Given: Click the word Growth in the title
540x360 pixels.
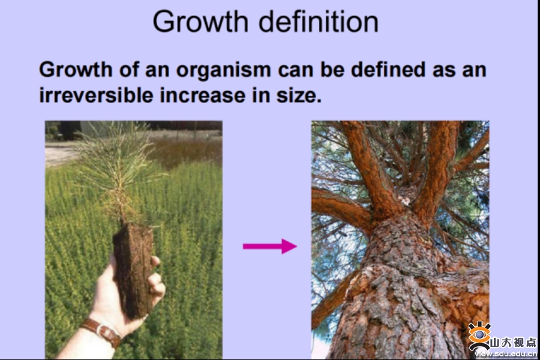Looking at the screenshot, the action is (200, 22).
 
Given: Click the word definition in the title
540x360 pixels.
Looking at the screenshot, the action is (319, 22).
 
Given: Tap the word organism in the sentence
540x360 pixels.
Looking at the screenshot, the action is (224, 70).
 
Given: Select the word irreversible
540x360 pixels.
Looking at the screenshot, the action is (96, 95).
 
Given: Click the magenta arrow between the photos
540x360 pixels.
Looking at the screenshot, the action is (269, 246).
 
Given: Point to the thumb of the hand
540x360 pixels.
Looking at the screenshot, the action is (155, 262).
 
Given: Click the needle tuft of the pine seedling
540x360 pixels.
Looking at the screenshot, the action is (115, 166).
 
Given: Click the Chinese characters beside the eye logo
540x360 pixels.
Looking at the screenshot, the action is (513, 343).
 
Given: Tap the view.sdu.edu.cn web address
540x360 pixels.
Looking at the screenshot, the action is (505, 354).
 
